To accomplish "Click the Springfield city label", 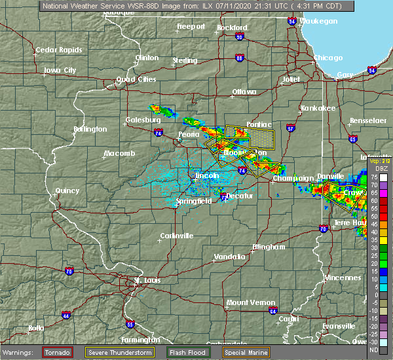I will point(193,202).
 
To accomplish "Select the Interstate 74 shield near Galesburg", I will point(159,133).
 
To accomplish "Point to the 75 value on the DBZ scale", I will point(373,177).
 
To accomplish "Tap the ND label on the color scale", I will point(373,349).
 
